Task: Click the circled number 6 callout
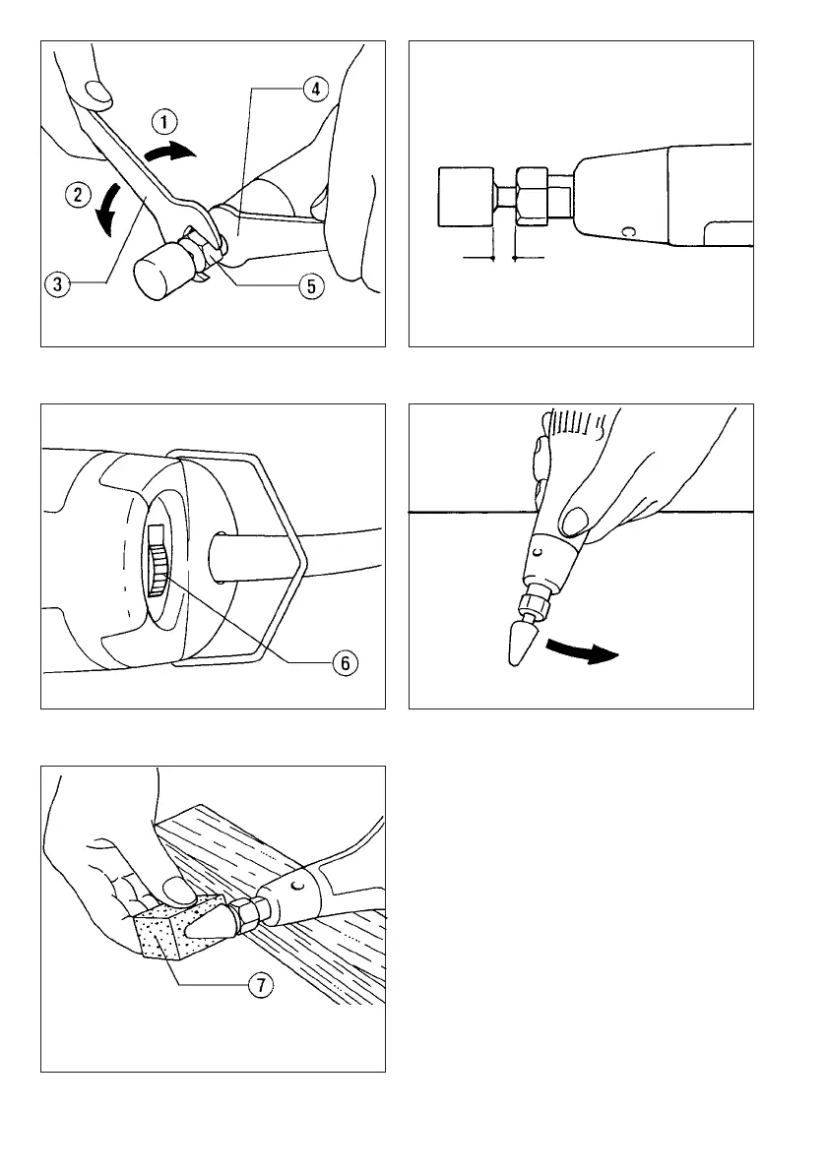click(x=346, y=663)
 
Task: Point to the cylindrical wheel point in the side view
click(x=466, y=197)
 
